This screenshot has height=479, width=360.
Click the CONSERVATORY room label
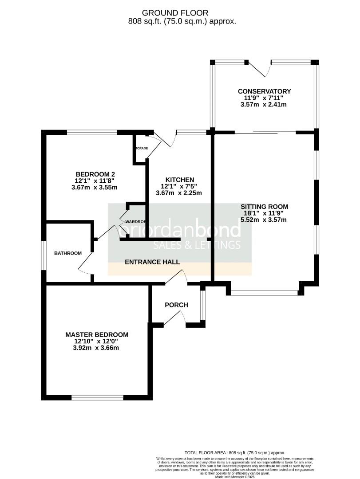(x=264, y=91)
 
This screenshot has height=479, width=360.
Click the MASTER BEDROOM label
(x=97, y=334)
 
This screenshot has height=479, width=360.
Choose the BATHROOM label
(x=68, y=253)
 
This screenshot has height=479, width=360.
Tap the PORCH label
(x=176, y=305)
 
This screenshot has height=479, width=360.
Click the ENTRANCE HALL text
(x=152, y=262)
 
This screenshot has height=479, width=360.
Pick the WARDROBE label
(x=137, y=221)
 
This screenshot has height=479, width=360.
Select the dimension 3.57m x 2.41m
(x=264, y=105)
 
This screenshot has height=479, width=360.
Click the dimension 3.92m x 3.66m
(x=97, y=348)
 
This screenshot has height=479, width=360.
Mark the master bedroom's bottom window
(x=97, y=398)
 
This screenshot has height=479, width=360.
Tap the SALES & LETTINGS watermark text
(x=197, y=245)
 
